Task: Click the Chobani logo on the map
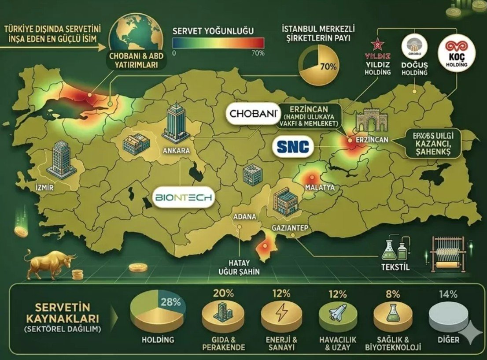click(253, 114)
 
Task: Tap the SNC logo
click(293, 147)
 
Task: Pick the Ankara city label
click(176, 151)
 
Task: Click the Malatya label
click(319, 188)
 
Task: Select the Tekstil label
click(395, 267)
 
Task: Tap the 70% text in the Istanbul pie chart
click(328, 67)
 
